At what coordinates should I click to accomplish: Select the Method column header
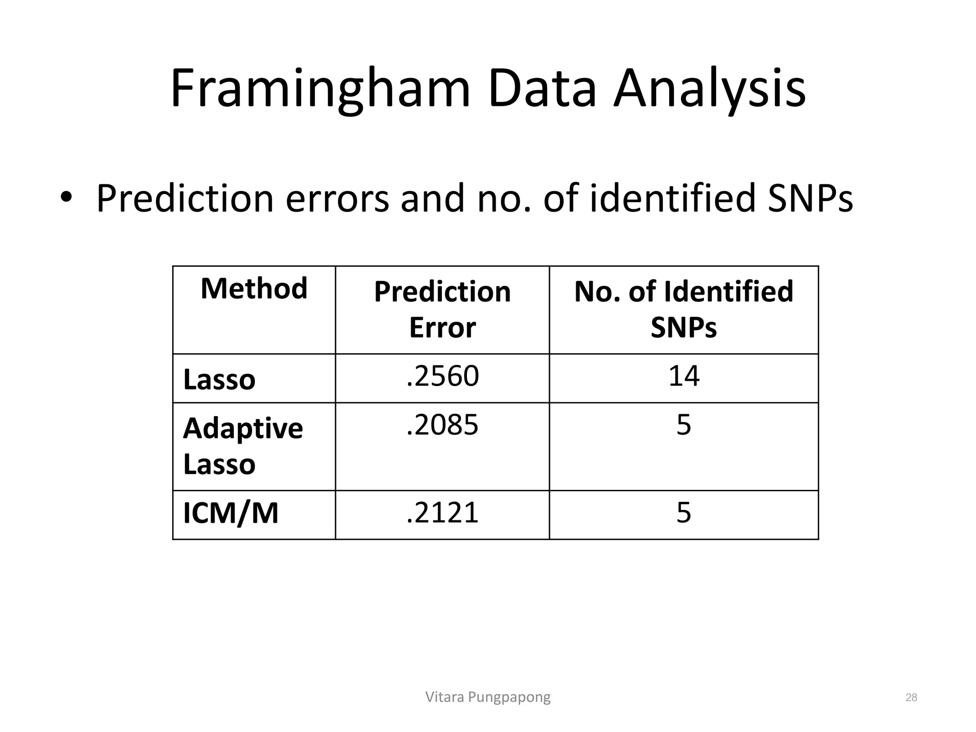[x=254, y=289]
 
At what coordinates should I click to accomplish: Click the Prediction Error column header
[x=442, y=309]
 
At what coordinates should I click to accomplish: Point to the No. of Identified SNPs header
[x=683, y=309]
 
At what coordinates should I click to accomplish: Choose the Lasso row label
[x=219, y=380]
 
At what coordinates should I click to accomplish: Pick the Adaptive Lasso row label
[x=243, y=446]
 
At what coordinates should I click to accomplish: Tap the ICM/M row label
[x=231, y=513]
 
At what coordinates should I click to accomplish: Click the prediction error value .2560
[x=442, y=376]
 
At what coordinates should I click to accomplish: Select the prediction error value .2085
[x=442, y=425]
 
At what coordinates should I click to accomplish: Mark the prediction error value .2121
[x=442, y=513]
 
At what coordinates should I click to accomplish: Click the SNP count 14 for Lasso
[x=683, y=376]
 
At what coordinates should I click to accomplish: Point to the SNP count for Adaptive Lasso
[x=683, y=425]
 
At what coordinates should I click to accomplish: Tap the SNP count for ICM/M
[x=683, y=513]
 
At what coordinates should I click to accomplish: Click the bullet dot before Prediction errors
[x=66, y=197]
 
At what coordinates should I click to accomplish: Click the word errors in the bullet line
[x=337, y=198]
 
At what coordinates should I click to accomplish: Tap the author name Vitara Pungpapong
[x=488, y=697]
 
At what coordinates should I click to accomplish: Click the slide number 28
[x=911, y=698]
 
